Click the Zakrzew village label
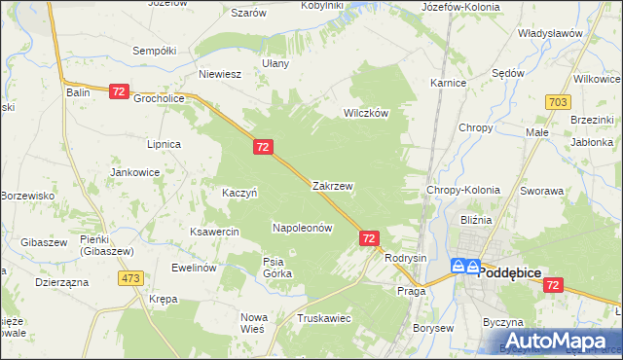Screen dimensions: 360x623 click(x=332, y=185)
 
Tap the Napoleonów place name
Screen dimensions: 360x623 click(x=303, y=228)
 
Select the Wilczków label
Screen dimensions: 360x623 click(x=366, y=113)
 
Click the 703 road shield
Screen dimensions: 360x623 click(x=558, y=102)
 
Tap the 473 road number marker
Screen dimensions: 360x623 click(x=131, y=278)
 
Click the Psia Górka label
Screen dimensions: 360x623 click(x=277, y=268)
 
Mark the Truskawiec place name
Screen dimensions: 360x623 click(x=324, y=318)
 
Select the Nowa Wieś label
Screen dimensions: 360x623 click(x=253, y=323)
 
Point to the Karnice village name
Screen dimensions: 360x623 click(x=448, y=84)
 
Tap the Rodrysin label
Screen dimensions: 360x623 click(x=406, y=258)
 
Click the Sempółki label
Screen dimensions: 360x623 click(x=154, y=50)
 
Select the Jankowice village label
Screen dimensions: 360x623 click(x=135, y=172)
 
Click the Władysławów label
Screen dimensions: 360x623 click(x=550, y=33)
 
